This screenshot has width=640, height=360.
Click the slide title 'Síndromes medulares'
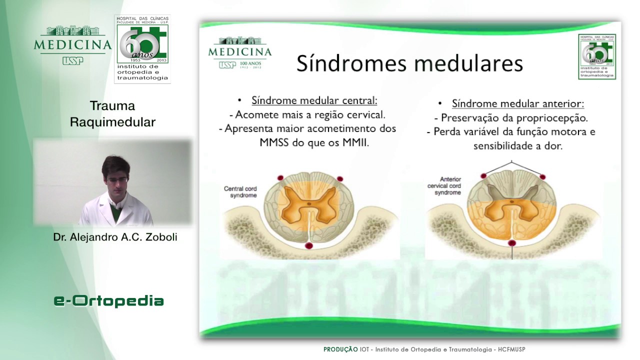409,64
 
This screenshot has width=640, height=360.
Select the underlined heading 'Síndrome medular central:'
314,100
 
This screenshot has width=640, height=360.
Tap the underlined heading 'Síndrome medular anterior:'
518,103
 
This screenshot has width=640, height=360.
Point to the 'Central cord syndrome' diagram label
240,192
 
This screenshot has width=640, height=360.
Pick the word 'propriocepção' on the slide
553,118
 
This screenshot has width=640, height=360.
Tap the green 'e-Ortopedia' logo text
109,300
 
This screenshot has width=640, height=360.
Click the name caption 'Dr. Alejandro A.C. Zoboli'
115,237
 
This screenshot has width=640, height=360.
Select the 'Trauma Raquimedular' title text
112,114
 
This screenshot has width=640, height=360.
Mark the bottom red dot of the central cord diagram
309,245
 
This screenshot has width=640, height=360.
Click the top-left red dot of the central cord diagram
280,177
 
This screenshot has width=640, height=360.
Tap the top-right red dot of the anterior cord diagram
542,177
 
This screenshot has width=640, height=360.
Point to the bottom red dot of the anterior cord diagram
511,243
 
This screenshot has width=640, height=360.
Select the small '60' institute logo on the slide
597,56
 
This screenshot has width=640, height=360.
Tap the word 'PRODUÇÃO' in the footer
340,349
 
